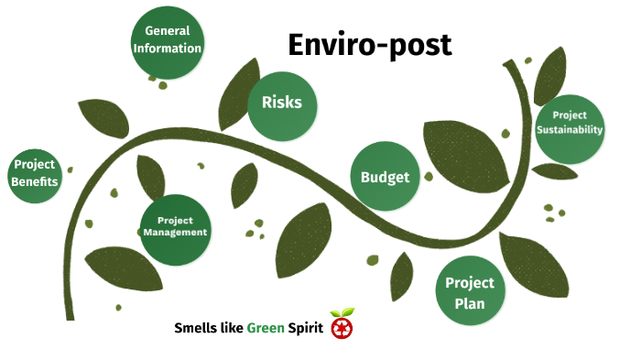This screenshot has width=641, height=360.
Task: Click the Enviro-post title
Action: [x=369, y=44]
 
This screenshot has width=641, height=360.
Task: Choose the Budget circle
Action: [x=385, y=177]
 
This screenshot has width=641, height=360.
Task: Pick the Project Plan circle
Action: [x=470, y=291]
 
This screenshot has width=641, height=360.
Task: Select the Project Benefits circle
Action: [x=35, y=173]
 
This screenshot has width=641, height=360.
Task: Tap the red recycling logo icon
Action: [x=342, y=326]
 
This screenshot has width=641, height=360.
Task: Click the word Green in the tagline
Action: [x=266, y=328]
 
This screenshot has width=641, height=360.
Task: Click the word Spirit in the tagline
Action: [x=305, y=328]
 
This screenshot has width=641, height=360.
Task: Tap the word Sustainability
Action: [x=570, y=130]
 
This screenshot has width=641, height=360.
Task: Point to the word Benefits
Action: [x=35, y=181]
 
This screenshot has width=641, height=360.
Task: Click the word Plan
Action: [x=470, y=300]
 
